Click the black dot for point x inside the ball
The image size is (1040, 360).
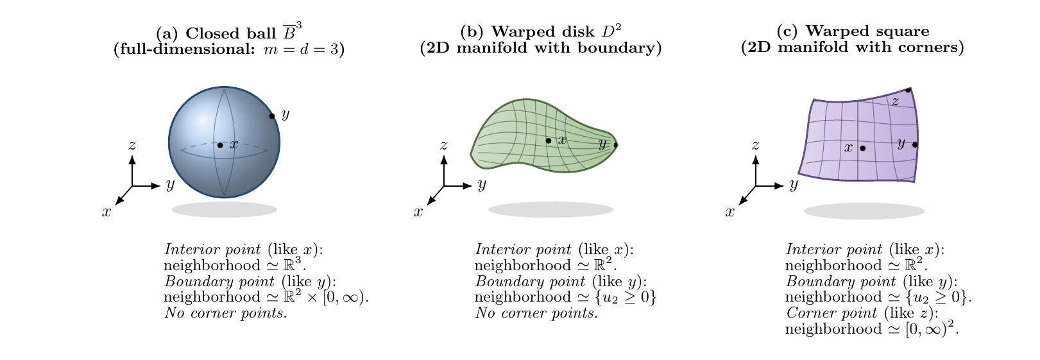coord(220,145)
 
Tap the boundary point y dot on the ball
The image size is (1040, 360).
coord(272,116)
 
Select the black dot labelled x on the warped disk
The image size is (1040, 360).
coord(549,141)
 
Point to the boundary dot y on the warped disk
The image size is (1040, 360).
coord(616,145)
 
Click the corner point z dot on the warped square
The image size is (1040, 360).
coord(908,90)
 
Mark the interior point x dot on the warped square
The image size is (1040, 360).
coord(863,148)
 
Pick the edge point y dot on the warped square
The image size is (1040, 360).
coord(915,144)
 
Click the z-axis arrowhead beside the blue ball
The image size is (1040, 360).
coord(132,159)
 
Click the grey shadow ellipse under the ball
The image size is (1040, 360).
coord(225,209)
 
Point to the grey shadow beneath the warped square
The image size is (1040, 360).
coord(864,211)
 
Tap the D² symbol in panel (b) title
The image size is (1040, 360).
coord(611,31)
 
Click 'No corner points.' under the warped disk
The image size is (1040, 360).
coord(537,313)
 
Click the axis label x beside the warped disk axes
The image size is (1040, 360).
coord(418,212)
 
